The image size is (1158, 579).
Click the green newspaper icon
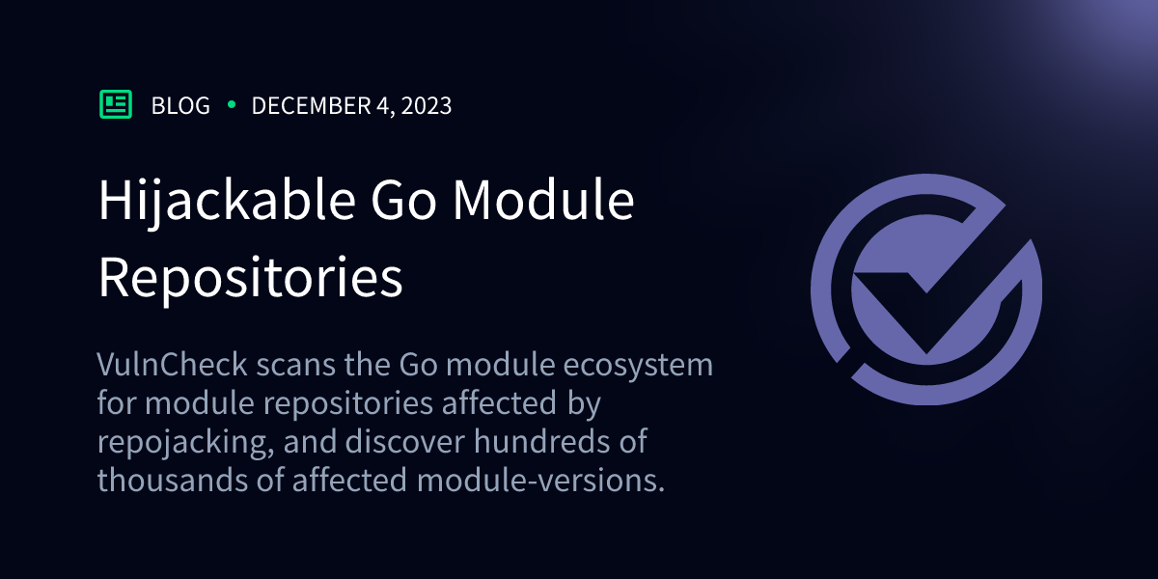coord(116,104)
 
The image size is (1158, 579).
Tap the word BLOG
coord(180,106)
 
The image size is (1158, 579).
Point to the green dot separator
coord(232,105)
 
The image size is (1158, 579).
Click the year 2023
coord(424,106)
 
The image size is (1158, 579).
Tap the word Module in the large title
coord(545,202)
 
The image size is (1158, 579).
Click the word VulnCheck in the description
coord(161,366)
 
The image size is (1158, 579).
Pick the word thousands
coord(168,480)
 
